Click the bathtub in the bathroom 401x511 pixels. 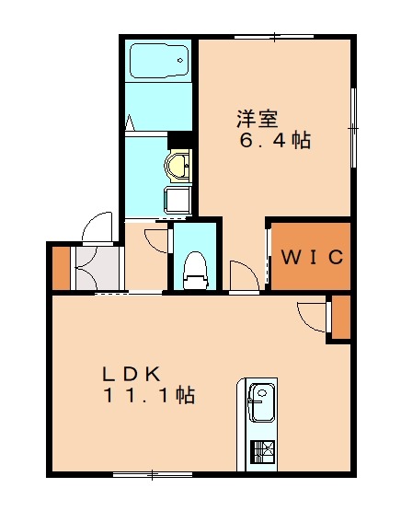[x=158, y=61]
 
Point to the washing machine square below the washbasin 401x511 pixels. [x=177, y=200]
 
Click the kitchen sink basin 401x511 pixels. [x=261, y=403]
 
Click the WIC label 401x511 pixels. [x=312, y=256]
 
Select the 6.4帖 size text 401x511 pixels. [x=275, y=142]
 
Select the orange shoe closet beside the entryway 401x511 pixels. [x=60, y=267]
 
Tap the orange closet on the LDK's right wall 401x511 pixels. [x=340, y=316]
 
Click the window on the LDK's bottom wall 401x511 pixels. [x=152, y=475]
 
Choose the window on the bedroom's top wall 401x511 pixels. [x=274, y=36]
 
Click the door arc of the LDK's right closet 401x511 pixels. [x=313, y=314]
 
